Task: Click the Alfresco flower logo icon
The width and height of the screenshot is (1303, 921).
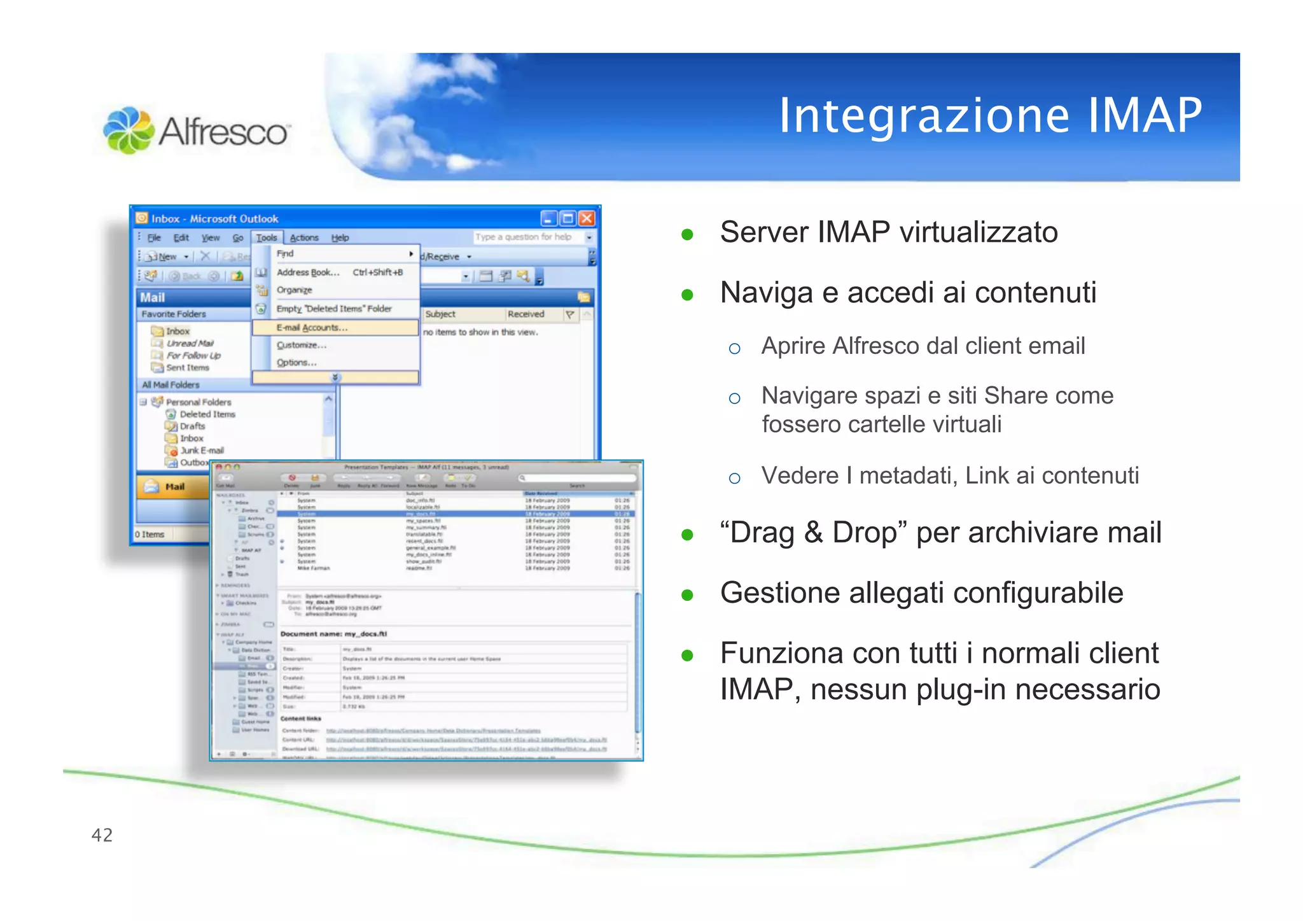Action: coord(129,130)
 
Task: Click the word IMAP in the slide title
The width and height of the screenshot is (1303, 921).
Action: coord(1145,116)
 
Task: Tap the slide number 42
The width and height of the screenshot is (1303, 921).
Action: coord(102,835)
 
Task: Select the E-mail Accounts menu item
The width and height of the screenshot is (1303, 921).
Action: coord(312,328)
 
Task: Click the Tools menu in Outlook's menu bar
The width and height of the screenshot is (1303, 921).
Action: coord(267,237)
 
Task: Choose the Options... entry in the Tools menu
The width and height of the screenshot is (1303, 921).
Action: coord(296,362)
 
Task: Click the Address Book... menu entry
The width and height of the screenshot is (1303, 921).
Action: coord(308,272)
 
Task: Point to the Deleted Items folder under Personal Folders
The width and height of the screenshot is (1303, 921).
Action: coord(207,414)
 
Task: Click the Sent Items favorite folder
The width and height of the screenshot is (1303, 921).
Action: coord(187,368)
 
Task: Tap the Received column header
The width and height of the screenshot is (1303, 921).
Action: coord(526,314)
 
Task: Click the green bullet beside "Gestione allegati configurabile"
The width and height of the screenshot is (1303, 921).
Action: coord(687,595)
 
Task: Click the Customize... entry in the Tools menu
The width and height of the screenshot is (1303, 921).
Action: coord(301,345)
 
